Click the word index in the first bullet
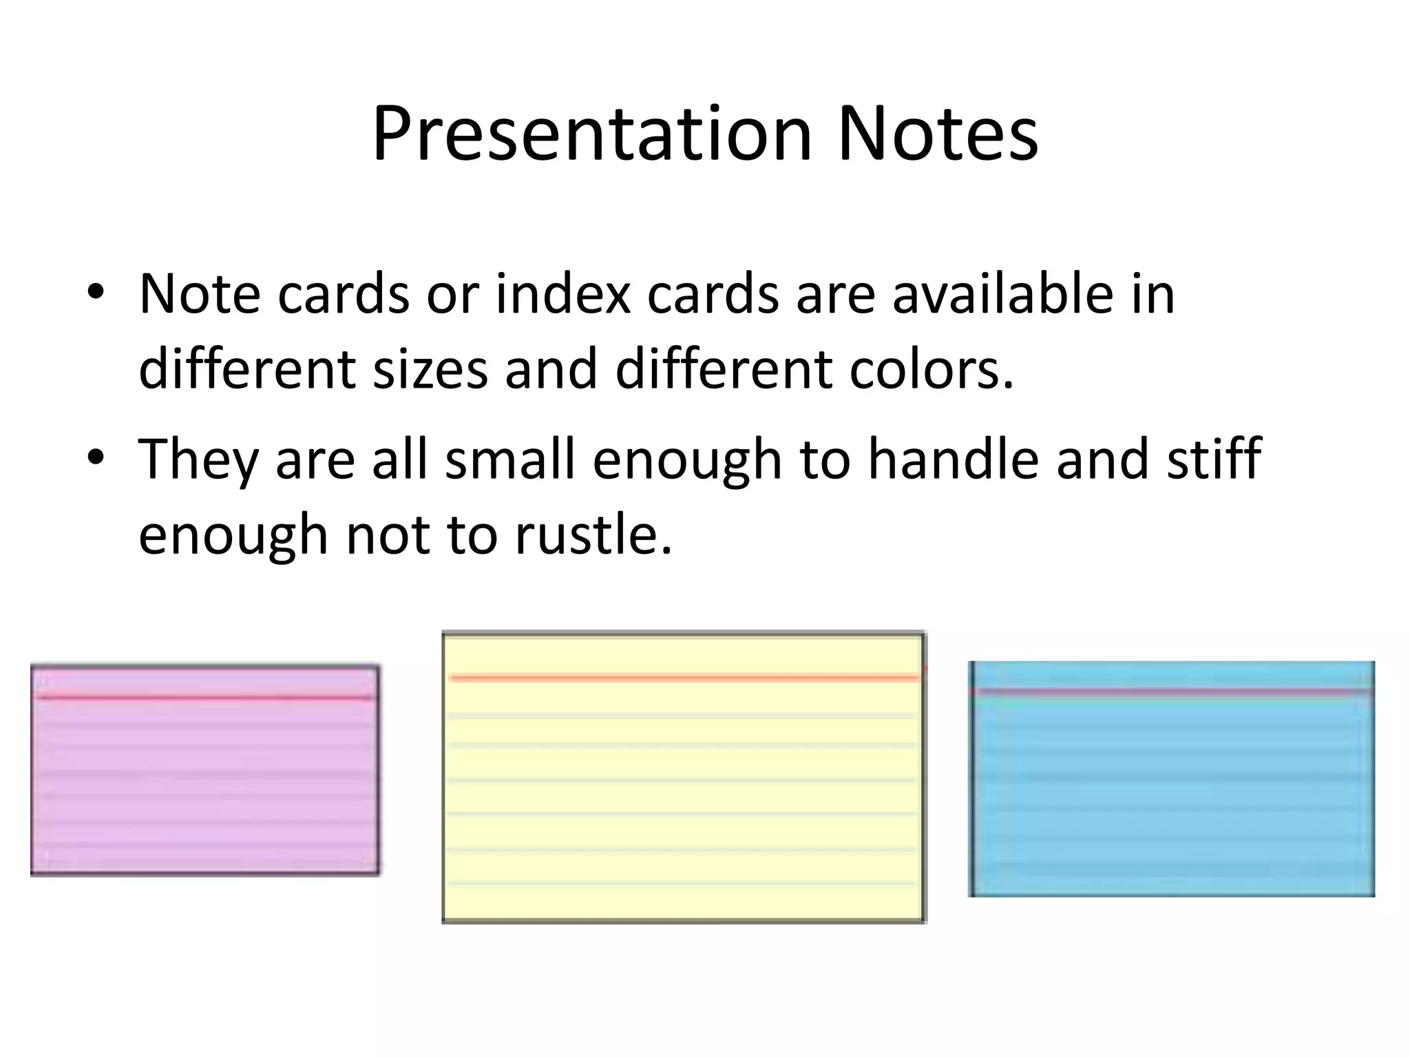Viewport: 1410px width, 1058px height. click(x=562, y=294)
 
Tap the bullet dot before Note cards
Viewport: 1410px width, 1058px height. click(x=96, y=293)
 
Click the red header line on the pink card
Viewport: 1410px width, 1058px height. click(x=205, y=698)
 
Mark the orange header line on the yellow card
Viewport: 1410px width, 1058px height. click(x=684, y=678)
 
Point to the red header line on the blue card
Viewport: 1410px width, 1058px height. click(x=1172, y=690)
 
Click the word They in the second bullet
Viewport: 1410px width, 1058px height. click(x=198, y=459)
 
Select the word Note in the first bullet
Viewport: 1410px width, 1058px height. click(x=200, y=294)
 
